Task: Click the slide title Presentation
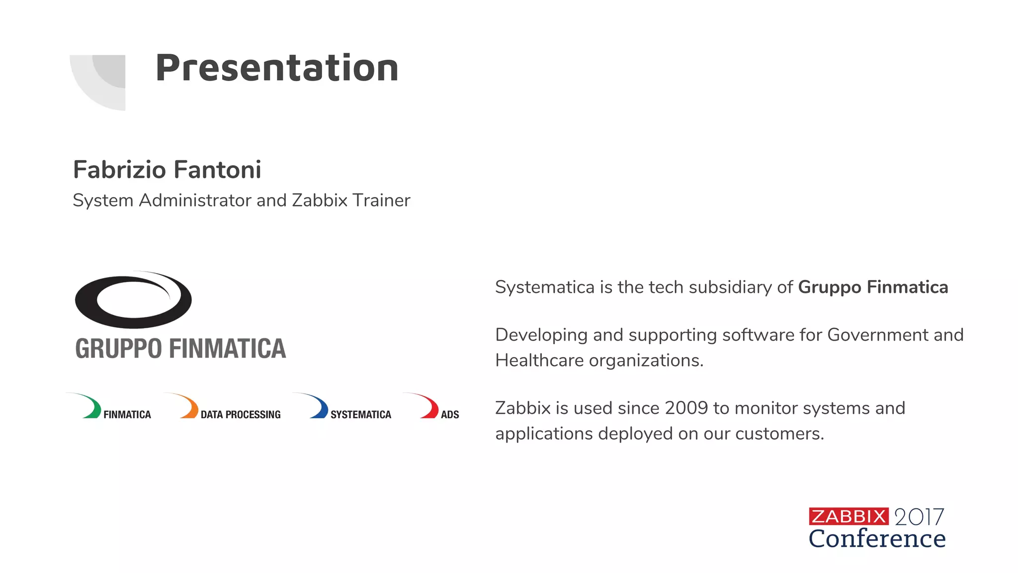[277, 68]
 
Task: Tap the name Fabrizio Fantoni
[167, 170]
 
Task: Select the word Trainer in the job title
[381, 200]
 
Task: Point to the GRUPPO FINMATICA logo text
[180, 349]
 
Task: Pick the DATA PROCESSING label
[241, 415]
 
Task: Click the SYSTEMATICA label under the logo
[361, 415]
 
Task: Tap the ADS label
[450, 415]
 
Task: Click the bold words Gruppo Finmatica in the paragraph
[873, 287]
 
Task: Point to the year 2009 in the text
[686, 408]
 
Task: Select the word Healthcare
[539, 361]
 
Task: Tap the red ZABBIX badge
[848, 516]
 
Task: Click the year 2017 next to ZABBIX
[919, 517]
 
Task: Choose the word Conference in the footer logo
[877, 539]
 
